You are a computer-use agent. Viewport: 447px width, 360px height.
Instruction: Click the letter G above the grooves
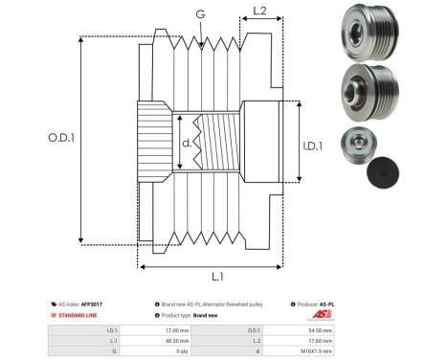[x=199, y=13]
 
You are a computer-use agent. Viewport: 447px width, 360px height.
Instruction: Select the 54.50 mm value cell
[x=321, y=327]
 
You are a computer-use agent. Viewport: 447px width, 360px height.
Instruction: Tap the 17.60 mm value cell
[x=321, y=339]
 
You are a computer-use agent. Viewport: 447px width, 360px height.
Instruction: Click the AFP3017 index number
[x=91, y=304]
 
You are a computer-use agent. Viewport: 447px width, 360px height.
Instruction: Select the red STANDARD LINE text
[x=79, y=315]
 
